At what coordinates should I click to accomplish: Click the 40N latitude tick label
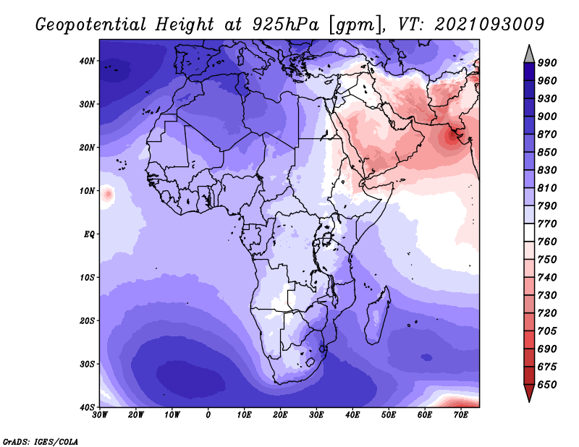point(87,61)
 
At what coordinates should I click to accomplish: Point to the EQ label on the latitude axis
point(89,234)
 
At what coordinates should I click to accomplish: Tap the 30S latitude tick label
point(87,364)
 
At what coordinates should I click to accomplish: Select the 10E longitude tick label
point(244,415)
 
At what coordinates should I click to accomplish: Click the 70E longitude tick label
point(461,415)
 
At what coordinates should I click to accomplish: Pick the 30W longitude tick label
point(100,415)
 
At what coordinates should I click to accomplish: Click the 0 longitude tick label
point(208,415)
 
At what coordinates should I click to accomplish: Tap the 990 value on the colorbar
point(547,63)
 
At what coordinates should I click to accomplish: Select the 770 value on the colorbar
point(547,223)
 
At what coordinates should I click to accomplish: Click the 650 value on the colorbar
point(547,385)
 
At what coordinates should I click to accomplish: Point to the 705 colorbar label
point(547,331)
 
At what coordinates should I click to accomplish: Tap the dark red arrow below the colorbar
point(529,392)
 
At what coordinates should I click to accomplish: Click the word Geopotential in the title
point(91,25)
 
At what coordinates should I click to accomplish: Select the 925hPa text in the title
point(286,25)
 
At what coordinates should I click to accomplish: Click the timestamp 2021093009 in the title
point(489,25)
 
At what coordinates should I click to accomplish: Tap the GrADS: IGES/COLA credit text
point(41,442)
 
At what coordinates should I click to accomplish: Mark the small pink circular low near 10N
point(108,194)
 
